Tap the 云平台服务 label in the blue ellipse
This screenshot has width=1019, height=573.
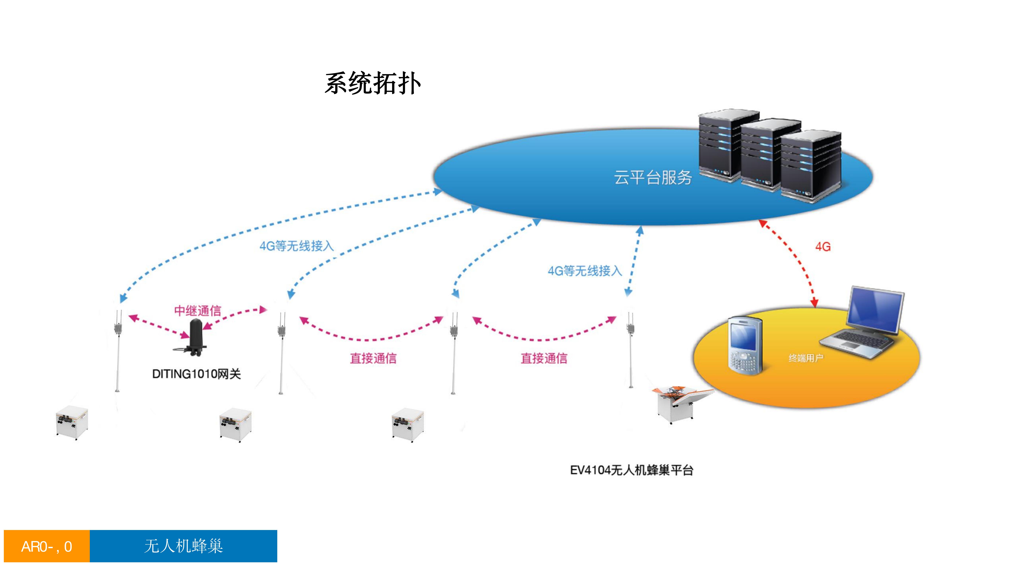tap(653, 178)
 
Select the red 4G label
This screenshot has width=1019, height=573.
tap(823, 247)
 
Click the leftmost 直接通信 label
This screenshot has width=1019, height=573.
tap(373, 358)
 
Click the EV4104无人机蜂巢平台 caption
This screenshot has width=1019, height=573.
tap(631, 470)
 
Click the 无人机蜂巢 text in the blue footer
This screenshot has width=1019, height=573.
tap(184, 546)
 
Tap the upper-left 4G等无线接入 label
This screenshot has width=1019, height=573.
tap(296, 246)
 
